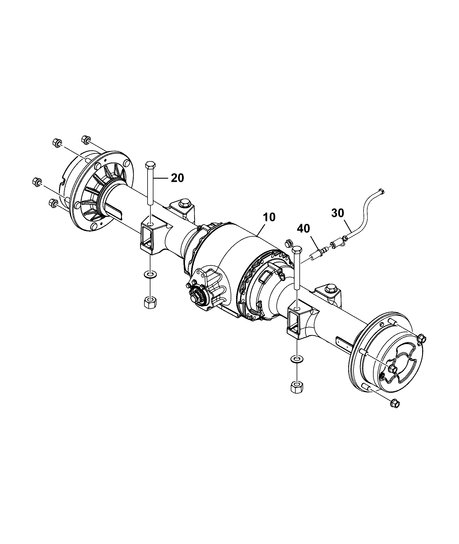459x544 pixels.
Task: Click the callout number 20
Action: click(177, 178)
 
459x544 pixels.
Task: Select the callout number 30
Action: click(338, 213)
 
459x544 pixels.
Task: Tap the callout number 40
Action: click(304, 229)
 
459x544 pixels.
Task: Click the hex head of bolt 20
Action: click(151, 165)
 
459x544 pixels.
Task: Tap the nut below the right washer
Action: click(297, 387)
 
